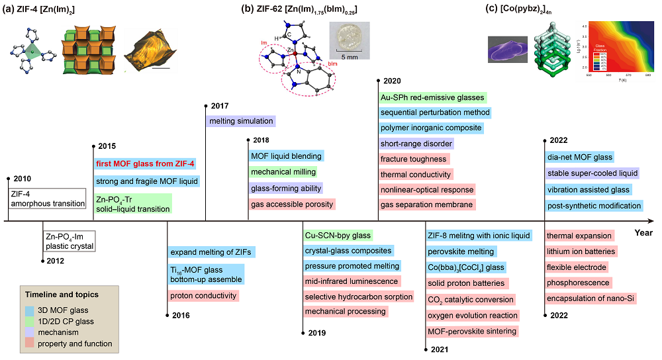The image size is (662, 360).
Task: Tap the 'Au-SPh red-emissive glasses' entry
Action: pos(432,97)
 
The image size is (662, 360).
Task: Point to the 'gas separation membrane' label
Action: pos(426,204)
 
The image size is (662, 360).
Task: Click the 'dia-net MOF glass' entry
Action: pos(580,157)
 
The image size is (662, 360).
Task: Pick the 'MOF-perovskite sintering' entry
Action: pos(471,331)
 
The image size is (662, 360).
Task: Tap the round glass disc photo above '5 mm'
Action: pos(350,35)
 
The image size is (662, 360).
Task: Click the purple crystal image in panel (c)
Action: pos(508,51)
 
